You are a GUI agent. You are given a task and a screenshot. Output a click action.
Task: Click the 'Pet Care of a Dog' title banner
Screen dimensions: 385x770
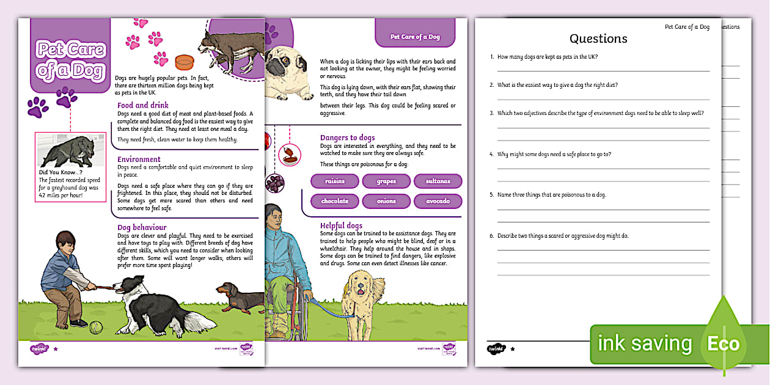click(70, 59)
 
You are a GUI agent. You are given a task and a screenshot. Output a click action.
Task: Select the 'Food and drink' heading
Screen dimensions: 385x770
click(143, 106)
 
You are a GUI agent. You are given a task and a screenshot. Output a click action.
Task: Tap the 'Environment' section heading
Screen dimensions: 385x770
click(139, 159)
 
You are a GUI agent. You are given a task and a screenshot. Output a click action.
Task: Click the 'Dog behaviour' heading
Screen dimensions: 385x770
click(142, 227)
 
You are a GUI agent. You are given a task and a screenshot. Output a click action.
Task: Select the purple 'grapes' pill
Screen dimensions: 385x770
click(386, 182)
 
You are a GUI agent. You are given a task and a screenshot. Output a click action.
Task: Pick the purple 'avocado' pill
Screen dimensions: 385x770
click(438, 201)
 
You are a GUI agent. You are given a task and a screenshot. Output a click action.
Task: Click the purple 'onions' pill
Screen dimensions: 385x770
click(386, 201)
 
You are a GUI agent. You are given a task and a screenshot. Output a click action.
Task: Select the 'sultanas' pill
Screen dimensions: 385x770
click(438, 182)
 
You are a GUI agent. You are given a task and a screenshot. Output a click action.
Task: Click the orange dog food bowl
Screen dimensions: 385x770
click(184, 62)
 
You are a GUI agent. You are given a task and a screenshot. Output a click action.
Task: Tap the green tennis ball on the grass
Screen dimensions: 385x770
click(95, 328)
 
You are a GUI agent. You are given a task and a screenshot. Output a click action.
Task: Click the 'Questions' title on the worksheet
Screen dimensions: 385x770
click(598, 38)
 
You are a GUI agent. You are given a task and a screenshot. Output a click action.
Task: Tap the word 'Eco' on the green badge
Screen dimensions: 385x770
click(723, 343)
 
